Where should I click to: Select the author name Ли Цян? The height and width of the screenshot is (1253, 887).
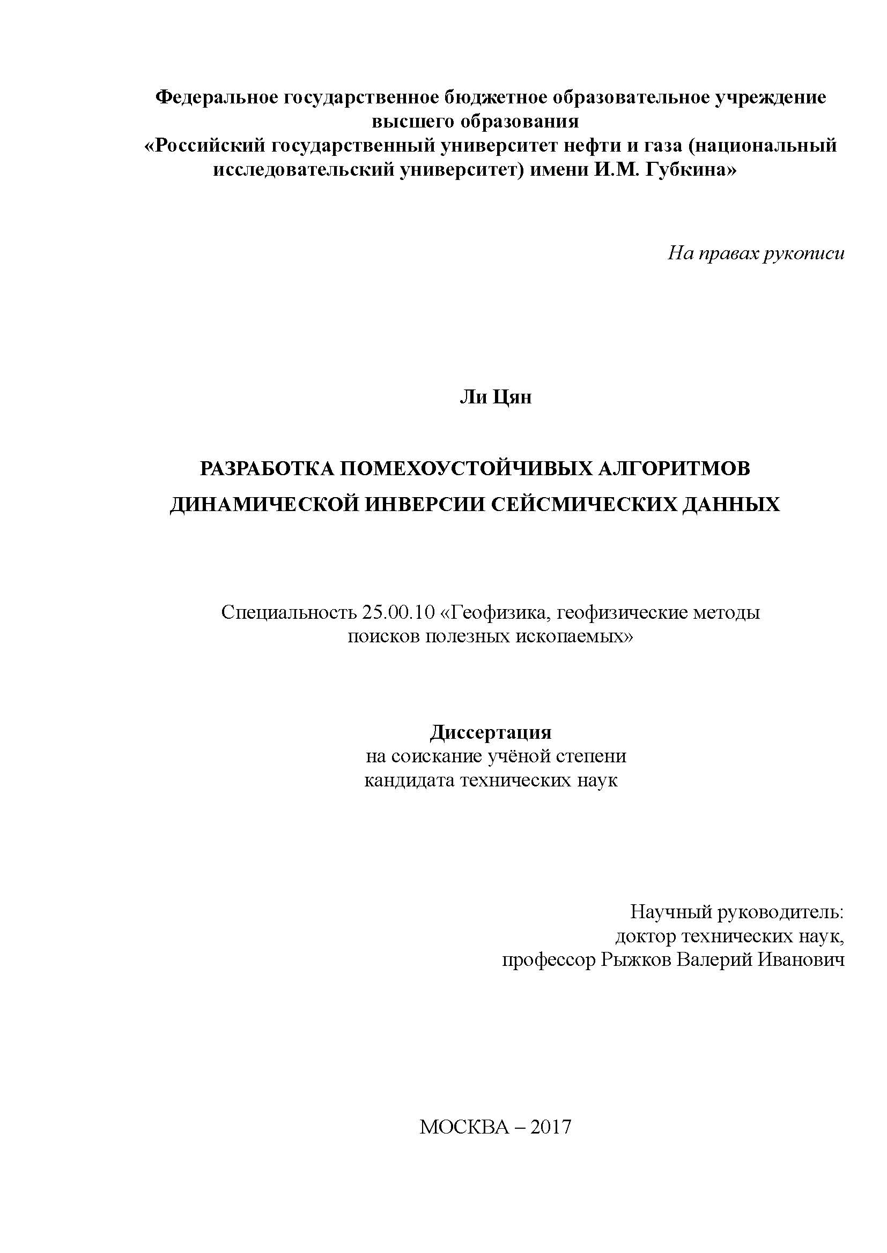495,397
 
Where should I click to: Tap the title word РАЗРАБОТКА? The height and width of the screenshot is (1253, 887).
267,468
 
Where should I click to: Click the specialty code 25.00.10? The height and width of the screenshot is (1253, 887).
397,613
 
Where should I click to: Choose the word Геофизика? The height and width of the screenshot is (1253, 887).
496,613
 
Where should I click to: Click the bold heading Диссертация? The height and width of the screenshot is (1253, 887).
491,732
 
